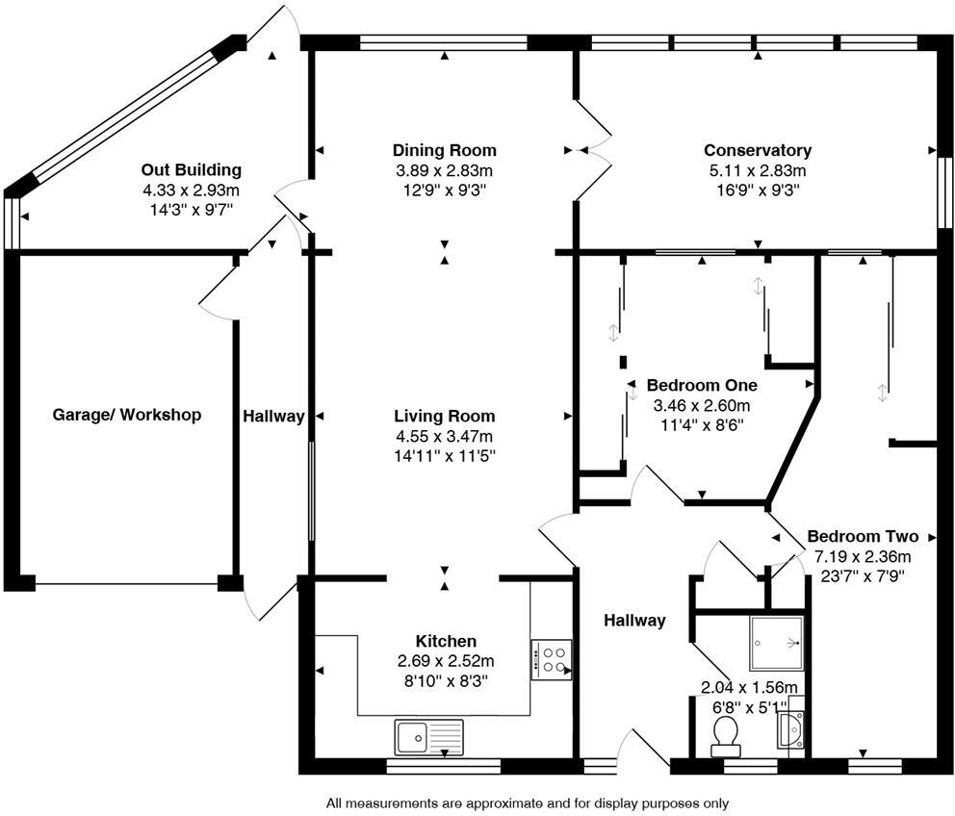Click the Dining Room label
click(444, 150)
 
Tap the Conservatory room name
click(757, 150)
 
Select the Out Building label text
click(191, 170)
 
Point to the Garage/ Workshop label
click(126, 415)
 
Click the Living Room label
click(444, 416)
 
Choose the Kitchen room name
click(445, 641)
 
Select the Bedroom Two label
click(862, 536)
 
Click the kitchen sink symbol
click(428, 737)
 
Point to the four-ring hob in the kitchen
click(551, 659)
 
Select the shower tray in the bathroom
click(776, 643)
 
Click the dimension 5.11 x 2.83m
click(757, 170)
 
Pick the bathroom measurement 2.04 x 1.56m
click(749, 687)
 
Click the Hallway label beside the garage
click(273, 416)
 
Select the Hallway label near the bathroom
click(634, 621)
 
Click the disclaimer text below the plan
click(528, 803)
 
